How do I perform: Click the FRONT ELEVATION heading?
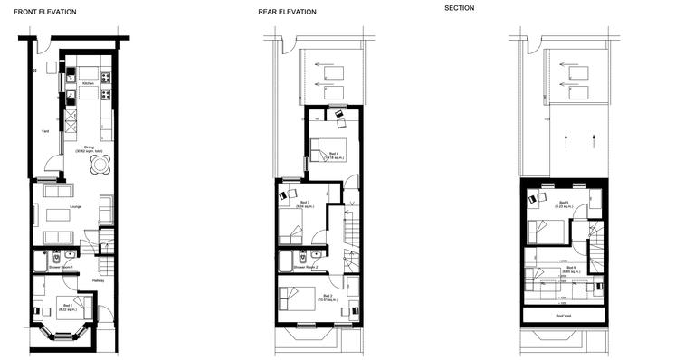coord(45,12)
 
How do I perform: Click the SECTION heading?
coord(459,8)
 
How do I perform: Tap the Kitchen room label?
coord(88,83)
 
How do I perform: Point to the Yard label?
coord(44,131)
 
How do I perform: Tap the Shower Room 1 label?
coord(62,269)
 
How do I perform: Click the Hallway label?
coord(98,281)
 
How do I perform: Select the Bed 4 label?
coord(334,154)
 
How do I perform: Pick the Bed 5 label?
coord(564,203)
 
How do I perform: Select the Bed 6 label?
coord(570,267)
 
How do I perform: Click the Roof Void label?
coord(563,316)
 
